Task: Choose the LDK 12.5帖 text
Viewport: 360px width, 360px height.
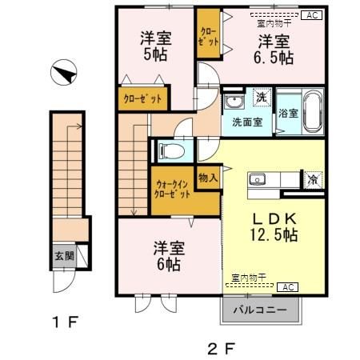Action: point(276,226)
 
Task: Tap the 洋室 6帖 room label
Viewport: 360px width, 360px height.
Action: point(167,255)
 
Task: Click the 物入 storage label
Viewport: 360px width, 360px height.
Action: point(208,178)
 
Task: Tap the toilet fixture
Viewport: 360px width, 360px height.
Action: point(170,150)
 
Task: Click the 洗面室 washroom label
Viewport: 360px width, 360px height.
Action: point(246,122)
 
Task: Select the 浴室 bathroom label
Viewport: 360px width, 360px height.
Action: point(288,114)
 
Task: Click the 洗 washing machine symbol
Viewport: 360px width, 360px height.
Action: point(261,98)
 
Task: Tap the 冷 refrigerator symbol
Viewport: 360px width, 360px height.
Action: point(314,179)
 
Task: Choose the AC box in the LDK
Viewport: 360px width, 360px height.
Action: point(289,286)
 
